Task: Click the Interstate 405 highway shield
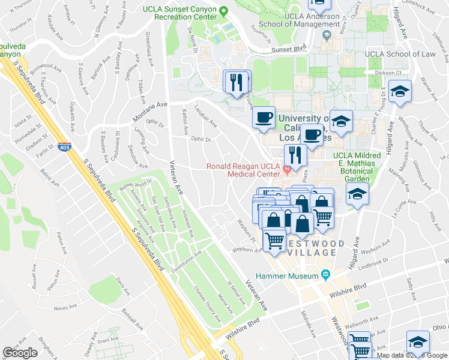[64, 146]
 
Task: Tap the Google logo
[20, 353]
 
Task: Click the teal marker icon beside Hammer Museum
[325, 275]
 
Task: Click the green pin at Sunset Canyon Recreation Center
[223, 10]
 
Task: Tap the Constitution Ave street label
[187, 261]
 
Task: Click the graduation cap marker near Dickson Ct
[400, 92]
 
